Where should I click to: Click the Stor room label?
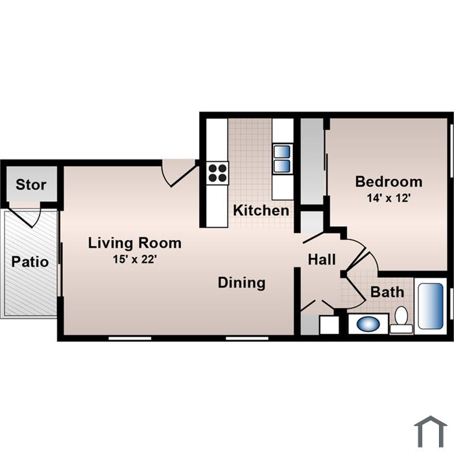[x=31, y=185]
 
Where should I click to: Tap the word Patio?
[x=30, y=262]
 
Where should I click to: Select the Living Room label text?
[x=135, y=243]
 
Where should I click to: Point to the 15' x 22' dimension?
[x=135, y=259]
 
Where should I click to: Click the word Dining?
[x=241, y=283]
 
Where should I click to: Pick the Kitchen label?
[x=261, y=210]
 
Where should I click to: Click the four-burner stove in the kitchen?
[x=217, y=173]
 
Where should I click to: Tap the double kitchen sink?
[x=281, y=159]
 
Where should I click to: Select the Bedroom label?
[x=388, y=182]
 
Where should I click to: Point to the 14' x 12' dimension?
[x=388, y=198]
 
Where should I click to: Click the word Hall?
[x=322, y=259]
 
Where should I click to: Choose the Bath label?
[x=387, y=292]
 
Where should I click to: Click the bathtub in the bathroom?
[x=431, y=306]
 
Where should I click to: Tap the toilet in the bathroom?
[x=401, y=320]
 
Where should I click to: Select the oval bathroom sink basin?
[x=368, y=324]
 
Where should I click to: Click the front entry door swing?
[x=179, y=173]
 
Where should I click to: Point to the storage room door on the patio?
[x=25, y=217]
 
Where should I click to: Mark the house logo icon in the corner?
[x=431, y=432]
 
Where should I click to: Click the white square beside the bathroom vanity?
[x=329, y=325]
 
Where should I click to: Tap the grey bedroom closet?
[x=312, y=161]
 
